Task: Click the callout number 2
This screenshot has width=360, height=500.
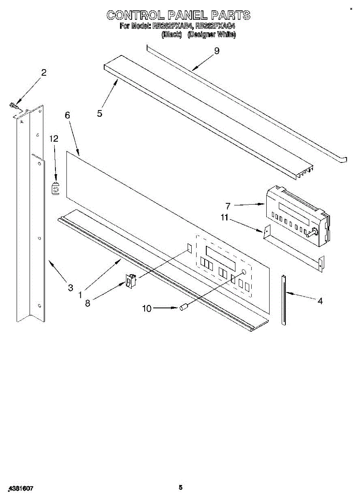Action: [44, 72]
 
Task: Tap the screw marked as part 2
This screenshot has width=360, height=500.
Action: [13, 106]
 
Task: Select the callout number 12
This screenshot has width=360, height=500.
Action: [54, 139]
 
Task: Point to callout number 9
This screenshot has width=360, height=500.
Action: [216, 51]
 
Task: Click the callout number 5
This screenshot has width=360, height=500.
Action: [100, 113]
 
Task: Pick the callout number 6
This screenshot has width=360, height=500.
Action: [67, 115]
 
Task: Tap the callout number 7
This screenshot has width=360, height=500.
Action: [228, 205]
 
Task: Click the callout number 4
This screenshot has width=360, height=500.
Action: [320, 300]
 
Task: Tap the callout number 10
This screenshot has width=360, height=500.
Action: [147, 308]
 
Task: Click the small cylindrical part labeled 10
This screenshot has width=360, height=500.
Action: [184, 308]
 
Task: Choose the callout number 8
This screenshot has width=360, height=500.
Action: [87, 303]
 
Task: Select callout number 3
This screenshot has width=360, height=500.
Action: [70, 287]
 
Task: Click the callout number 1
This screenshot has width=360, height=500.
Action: [80, 294]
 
